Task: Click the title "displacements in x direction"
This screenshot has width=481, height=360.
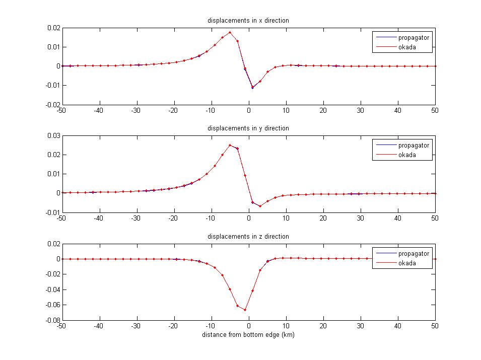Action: (248, 20)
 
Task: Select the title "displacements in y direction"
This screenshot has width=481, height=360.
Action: (248, 128)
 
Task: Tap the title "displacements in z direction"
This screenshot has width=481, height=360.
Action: (248, 236)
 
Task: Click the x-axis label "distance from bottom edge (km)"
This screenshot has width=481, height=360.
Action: (248, 335)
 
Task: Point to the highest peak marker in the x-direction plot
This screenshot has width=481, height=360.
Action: (230, 33)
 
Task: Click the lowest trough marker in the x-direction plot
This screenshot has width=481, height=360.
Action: (252, 88)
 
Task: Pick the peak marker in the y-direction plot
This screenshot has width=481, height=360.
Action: (230, 145)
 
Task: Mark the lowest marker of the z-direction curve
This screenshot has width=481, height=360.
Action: (245, 310)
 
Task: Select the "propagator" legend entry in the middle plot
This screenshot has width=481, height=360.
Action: (414, 146)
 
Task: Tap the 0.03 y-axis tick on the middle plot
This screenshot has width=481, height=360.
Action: (52, 135)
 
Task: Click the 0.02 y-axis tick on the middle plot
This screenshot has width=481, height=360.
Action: (52, 155)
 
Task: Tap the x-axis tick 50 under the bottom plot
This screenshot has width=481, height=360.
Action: (435, 326)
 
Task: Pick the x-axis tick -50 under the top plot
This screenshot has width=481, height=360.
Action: (61, 110)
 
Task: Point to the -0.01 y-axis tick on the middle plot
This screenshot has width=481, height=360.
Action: (51, 212)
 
